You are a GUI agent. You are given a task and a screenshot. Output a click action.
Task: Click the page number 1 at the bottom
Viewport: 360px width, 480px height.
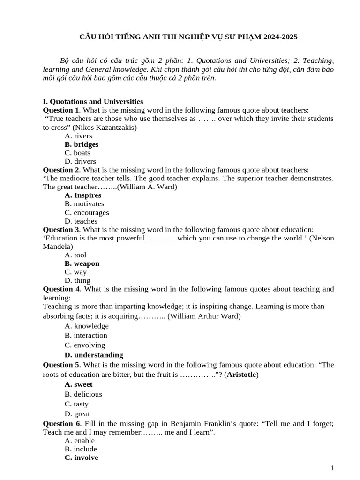click(x=332, y=468)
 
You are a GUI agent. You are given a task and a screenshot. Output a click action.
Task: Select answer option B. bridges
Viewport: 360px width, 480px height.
click(x=82, y=144)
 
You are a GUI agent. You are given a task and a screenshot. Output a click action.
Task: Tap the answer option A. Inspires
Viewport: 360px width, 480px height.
click(x=83, y=195)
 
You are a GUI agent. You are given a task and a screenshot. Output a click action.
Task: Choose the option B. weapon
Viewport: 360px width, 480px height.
click(x=82, y=263)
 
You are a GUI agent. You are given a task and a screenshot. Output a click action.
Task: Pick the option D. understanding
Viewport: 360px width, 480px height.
click(x=94, y=355)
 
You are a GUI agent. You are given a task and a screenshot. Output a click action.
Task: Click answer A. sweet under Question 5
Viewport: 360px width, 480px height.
click(x=79, y=384)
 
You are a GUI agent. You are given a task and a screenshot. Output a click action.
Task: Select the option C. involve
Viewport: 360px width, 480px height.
click(x=82, y=457)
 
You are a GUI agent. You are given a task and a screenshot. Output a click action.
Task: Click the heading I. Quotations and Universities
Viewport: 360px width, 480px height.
click(x=93, y=101)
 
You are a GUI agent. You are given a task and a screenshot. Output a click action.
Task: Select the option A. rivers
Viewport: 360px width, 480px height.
click(x=78, y=136)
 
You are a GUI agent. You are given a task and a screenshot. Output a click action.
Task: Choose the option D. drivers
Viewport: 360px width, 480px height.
click(x=80, y=161)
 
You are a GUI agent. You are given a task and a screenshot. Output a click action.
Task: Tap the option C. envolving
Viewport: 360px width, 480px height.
click(x=85, y=345)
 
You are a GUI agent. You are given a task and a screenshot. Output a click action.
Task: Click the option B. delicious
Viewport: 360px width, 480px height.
click(x=83, y=394)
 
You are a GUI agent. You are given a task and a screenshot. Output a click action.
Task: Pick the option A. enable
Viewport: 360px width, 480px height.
click(x=80, y=441)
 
